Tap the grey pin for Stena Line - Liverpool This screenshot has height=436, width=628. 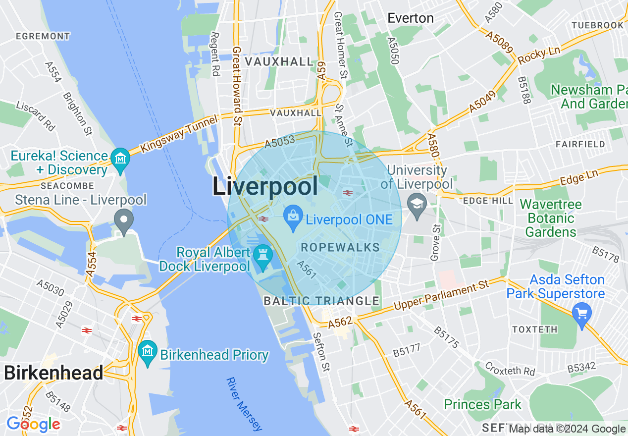(124, 220)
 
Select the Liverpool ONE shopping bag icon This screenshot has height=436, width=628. (293, 217)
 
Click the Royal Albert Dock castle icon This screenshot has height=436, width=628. (262, 256)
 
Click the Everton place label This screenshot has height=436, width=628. (411, 18)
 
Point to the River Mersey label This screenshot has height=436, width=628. (244, 403)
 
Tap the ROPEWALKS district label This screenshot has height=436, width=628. (340, 247)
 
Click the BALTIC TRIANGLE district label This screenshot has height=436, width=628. (321, 301)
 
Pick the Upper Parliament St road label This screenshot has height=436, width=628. (441, 296)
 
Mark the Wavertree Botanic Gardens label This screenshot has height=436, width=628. (551, 218)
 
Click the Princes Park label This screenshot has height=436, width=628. (482, 404)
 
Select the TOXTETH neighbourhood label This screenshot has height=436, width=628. (535, 329)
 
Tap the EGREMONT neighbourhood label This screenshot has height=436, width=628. (43, 36)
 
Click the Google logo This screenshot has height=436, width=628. (33, 424)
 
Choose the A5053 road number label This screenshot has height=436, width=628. (279, 142)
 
